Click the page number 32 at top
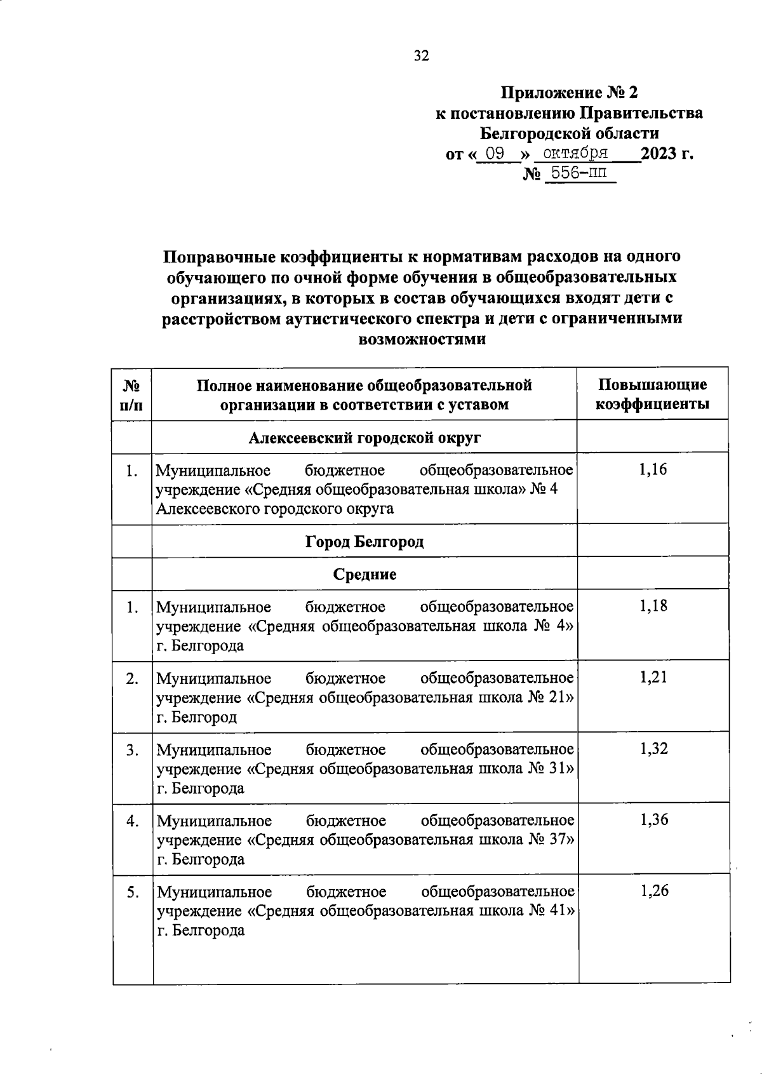(422, 56)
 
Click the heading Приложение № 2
(569, 93)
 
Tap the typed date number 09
(495, 154)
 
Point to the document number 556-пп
(578, 173)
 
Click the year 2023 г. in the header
(666, 154)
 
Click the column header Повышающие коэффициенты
(652, 394)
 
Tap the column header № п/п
(132, 394)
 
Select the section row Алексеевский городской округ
(364, 438)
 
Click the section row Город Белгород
(364, 542)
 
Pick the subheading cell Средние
(364, 574)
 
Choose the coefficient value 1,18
(653, 606)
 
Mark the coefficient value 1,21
(653, 677)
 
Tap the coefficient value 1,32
(653, 748)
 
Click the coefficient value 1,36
(653, 819)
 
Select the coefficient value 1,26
(653, 890)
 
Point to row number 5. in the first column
(132, 892)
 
